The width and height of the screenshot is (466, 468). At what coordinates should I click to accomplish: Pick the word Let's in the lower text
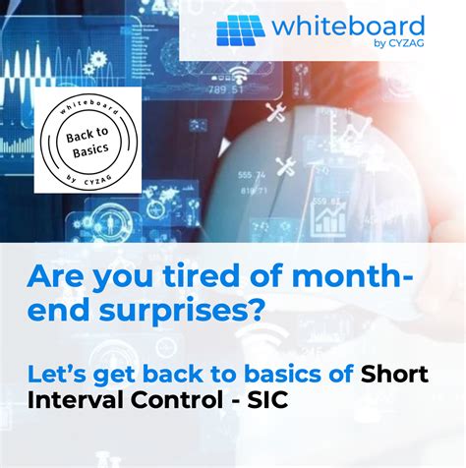pos(60,373)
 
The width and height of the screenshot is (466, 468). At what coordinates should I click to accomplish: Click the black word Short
pos(397,373)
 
